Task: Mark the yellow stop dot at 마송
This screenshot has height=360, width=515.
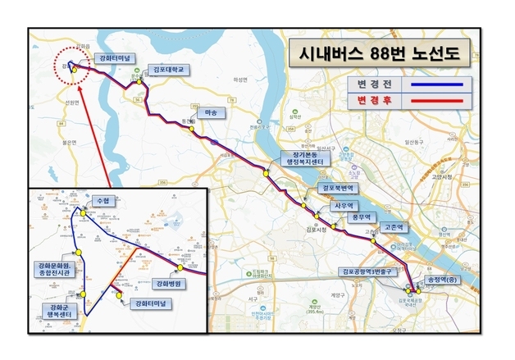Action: (x=190, y=128)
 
